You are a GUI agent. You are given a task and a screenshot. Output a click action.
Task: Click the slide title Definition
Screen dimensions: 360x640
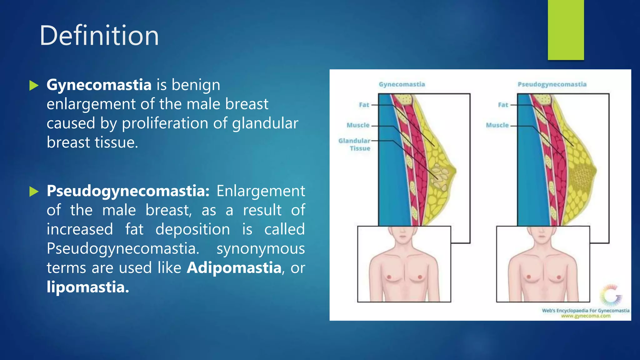(99, 36)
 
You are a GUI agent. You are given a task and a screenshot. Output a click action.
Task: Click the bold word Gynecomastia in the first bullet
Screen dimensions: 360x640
(99, 85)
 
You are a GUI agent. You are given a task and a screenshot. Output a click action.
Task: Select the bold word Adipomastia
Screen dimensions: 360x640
(234, 268)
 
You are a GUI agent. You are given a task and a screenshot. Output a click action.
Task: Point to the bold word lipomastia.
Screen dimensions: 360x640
(87, 287)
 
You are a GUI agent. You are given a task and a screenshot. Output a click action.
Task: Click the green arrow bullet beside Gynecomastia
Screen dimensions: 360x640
(34, 85)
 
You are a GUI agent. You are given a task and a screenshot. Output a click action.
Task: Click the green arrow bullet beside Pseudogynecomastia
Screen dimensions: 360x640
(34, 191)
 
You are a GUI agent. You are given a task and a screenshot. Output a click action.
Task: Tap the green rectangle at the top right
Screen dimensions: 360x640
(566, 30)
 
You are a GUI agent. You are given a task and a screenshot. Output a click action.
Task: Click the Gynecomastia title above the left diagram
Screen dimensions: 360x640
(402, 84)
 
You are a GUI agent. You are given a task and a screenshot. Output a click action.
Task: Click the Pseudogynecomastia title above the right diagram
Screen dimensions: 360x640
(552, 84)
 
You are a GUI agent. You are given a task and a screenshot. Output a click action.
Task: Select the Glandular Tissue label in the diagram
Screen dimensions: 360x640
(355, 144)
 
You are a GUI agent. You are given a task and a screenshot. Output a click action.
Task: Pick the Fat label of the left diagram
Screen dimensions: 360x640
(364, 105)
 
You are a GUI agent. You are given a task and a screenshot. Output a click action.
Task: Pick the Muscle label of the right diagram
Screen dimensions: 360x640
(497, 125)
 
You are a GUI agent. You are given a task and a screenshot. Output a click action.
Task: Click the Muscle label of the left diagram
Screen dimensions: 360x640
(358, 125)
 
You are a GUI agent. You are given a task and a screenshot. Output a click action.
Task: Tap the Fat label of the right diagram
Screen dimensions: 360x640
(503, 105)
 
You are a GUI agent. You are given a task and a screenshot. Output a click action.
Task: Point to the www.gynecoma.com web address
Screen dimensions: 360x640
(585, 316)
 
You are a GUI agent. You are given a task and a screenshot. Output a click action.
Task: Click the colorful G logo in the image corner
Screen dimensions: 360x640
(611, 295)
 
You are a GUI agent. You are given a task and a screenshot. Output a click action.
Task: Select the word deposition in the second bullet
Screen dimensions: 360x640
(193, 229)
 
